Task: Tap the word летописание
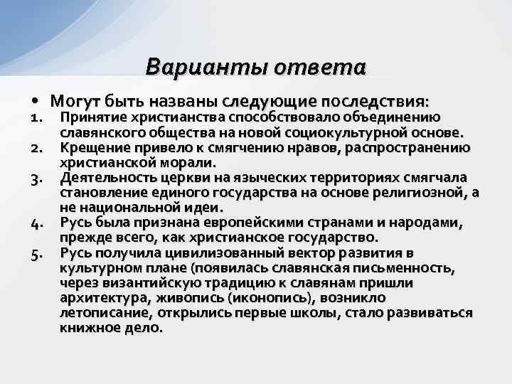(x=100, y=314)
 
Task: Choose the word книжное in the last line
(x=87, y=329)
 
